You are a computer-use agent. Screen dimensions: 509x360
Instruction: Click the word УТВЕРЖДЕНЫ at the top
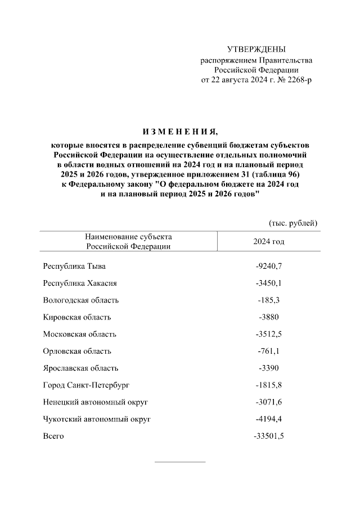tap(256, 49)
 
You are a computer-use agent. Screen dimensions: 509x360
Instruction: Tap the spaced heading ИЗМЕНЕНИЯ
tap(180, 132)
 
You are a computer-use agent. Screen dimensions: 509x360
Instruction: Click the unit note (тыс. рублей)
tap(294, 223)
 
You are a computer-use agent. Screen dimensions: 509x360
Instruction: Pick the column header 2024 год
tap(269, 241)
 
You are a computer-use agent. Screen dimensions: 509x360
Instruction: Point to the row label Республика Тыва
tap(74, 266)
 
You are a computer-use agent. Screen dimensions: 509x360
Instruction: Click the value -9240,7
tap(269, 266)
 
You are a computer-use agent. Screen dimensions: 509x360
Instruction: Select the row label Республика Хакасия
tap(80, 283)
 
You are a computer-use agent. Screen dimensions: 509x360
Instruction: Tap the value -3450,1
tap(269, 283)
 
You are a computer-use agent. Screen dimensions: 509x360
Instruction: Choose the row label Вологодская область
tap(81, 300)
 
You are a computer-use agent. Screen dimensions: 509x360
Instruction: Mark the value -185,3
tap(269, 300)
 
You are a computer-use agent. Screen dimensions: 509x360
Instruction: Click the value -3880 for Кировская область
tap(269, 317)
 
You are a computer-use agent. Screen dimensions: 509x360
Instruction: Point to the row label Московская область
tap(80, 334)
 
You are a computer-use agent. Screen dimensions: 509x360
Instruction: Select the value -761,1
tap(269, 351)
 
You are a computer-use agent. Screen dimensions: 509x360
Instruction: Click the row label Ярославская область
tap(81, 368)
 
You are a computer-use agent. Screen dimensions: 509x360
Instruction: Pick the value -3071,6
tap(269, 402)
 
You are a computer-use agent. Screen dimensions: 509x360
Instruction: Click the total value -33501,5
tap(269, 436)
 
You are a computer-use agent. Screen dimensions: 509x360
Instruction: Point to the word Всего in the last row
tap(53, 436)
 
